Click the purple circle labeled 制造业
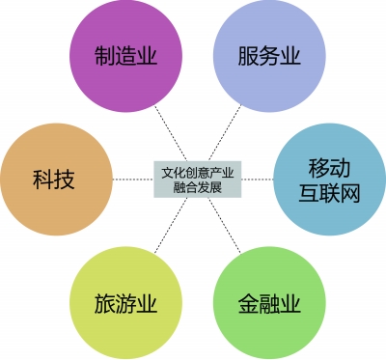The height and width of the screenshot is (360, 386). (126, 56)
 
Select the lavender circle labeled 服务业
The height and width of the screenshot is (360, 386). (269, 56)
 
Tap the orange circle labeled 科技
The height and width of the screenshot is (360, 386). (57, 180)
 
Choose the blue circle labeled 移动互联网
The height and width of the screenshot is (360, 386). (329, 180)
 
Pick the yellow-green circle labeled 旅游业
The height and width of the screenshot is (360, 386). (126, 303)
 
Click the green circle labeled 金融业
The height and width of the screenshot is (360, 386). (269, 303)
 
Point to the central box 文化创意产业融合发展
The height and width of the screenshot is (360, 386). (198, 180)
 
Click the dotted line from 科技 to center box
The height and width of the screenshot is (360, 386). (133, 180)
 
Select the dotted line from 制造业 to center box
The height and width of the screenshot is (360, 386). (171, 133)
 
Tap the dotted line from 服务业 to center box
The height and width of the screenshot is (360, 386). (225, 133)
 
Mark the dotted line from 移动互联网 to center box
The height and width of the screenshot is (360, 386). (258, 180)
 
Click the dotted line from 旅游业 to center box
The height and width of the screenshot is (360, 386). (171, 225)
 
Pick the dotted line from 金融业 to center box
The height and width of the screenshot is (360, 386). (225, 225)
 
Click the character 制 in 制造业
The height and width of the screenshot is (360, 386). (105, 56)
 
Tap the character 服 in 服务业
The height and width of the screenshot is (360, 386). (248, 56)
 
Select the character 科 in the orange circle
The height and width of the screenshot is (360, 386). (43, 180)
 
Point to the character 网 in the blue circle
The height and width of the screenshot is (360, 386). (349, 193)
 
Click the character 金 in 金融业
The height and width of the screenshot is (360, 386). (248, 303)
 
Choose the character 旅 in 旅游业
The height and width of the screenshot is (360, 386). (105, 303)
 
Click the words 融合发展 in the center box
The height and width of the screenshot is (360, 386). (198, 186)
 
